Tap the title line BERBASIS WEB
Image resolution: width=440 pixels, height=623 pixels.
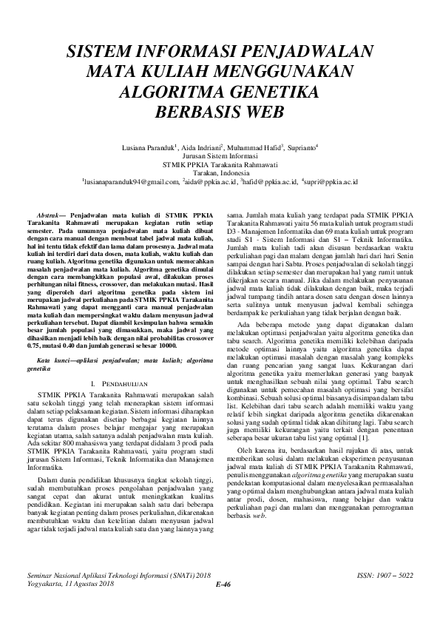coord(220,114)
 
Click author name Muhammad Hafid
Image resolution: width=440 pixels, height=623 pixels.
coord(241,148)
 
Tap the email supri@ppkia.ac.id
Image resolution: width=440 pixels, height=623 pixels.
coord(331,181)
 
